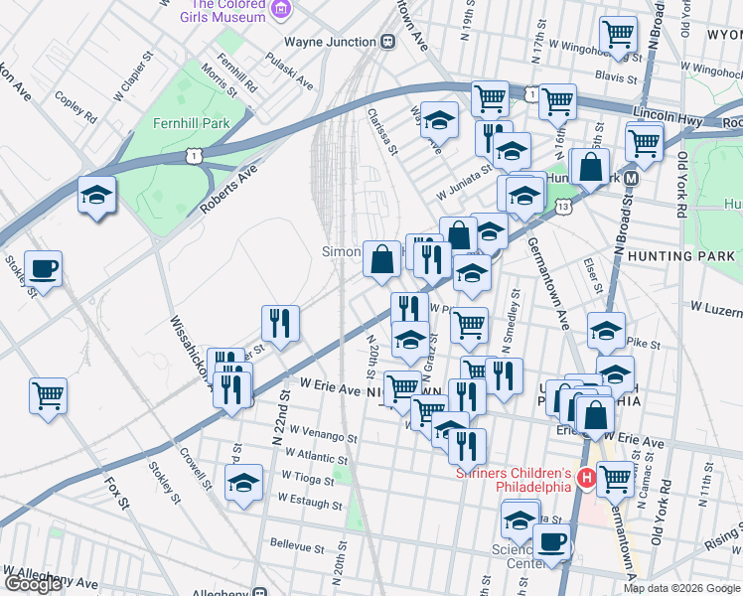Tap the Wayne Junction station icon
(388, 42)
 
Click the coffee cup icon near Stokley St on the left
(43, 267)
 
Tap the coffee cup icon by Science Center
(552, 542)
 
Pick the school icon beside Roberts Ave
(96, 194)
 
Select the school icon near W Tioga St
(244, 482)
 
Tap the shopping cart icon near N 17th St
(619, 35)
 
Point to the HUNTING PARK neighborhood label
(681, 256)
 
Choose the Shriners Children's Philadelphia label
(513, 480)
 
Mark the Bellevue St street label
(298, 547)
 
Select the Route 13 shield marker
(563, 206)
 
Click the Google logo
(33, 584)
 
